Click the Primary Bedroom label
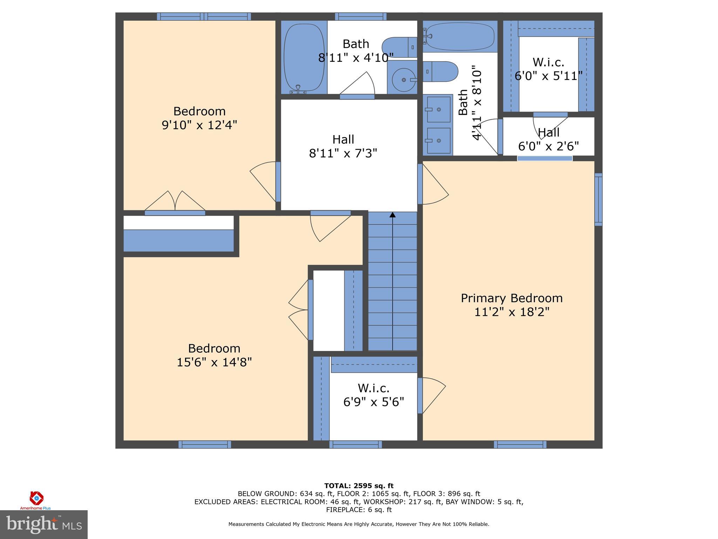pyautogui.click(x=511, y=298)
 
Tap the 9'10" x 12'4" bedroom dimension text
pyautogui.click(x=199, y=125)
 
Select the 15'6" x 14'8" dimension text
pyautogui.click(x=214, y=362)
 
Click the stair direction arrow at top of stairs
pyautogui.click(x=392, y=215)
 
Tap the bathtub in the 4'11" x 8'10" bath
pyautogui.click(x=459, y=36)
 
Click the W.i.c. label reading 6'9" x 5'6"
pyautogui.click(x=373, y=395)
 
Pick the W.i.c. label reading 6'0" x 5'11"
pyautogui.click(x=548, y=69)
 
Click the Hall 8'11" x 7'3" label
pyautogui.click(x=343, y=146)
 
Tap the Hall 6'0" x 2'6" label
pyautogui.click(x=548, y=139)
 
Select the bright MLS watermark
pyautogui.click(x=43, y=524)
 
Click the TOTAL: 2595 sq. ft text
pyautogui.click(x=359, y=486)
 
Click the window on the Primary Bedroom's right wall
pyautogui.click(x=598, y=199)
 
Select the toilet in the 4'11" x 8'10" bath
pyautogui.click(x=440, y=71)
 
